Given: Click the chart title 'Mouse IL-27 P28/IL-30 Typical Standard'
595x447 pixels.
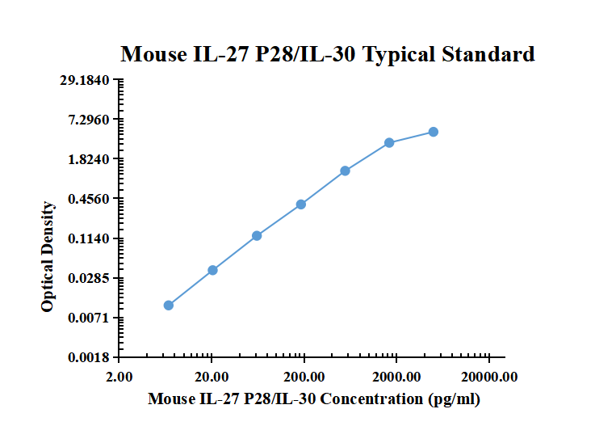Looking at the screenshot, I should tap(327, 55).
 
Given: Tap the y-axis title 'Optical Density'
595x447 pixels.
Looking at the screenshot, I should tap(48, 257).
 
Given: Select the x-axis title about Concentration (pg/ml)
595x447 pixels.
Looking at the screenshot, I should tap(314, 399).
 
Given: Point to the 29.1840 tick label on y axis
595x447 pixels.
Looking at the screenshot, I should tap(90, 80).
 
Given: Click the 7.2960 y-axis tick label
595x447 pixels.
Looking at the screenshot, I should tap(93, 120).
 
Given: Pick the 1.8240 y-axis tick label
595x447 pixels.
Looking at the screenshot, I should tap(93, 159).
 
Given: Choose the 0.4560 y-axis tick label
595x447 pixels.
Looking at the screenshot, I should tap(93, 199).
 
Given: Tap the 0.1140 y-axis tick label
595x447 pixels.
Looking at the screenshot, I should tap(93, 238).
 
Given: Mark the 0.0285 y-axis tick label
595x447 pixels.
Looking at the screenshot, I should tap(93, 278).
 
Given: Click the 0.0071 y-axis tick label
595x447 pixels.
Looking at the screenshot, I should tap(93, 318).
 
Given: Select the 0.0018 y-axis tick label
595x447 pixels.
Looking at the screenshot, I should tap(93, 357).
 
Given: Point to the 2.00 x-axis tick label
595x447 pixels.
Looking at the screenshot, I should tap(119, 376).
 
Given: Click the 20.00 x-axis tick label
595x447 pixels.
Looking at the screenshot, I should tap(212, 376).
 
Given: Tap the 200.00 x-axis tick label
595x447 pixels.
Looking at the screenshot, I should tap(304, 376).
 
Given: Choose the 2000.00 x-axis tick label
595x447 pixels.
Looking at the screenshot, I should tap(396, 376).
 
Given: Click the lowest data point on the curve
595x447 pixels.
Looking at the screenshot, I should tap(169, 306).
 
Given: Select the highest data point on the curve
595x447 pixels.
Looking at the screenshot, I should tap(434, 132).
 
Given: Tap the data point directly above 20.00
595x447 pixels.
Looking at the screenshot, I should tap(212, 270).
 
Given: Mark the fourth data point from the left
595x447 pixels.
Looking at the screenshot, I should tap(301, 205).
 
